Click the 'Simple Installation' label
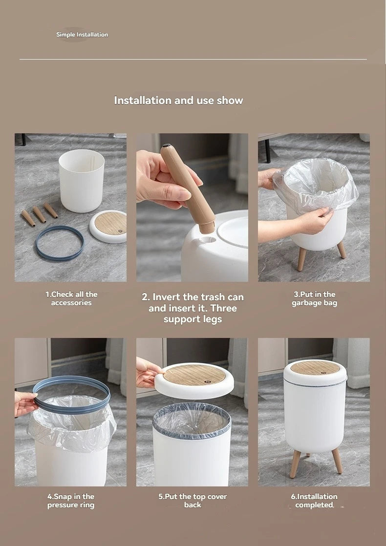(82, 35)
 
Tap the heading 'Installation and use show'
(178, 100)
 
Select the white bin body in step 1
(82, 180)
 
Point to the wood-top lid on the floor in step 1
(108, 226)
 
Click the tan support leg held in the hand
(188, 189)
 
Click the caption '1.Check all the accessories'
(71, 298)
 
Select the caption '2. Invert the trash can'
(193, 297)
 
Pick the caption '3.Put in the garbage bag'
(315, 298)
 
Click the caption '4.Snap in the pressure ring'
(71, 501)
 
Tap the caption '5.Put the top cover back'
(193, 501)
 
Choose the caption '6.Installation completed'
(314, 501)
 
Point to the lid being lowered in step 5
(194, 381)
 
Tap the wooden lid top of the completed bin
(315, 367)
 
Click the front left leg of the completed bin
(295, 463)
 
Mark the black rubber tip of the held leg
(166, 146)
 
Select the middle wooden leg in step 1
(39, 214)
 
